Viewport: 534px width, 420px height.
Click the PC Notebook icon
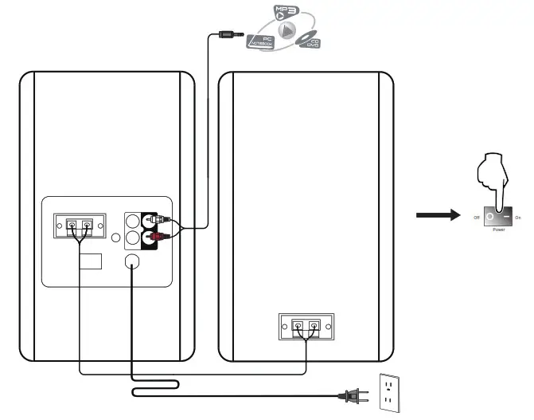coord(263,41)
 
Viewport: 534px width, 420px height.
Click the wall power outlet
coord(391,394)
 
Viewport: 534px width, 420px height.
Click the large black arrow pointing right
coord(437,215)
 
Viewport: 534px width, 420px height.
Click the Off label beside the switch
coord(476,216)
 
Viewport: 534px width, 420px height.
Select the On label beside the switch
coord(518,216)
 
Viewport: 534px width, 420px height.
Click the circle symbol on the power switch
coord(490,215)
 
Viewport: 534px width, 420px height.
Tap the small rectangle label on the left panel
coord(90,262)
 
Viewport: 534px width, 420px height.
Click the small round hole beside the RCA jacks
coord(115,237)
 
